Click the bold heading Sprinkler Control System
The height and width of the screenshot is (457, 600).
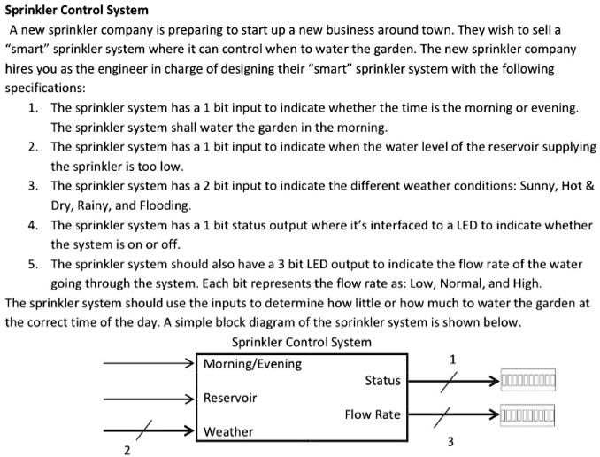click(x=77, y=11)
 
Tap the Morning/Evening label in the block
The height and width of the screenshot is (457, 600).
click(x=252, y=364)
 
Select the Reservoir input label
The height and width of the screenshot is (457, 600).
click(x=230, y=398)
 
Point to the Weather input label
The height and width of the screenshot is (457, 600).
click(x=228, y=431)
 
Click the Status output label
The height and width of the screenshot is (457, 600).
click(x=382, y=381)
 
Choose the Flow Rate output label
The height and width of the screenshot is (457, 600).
click(x=373, y=414)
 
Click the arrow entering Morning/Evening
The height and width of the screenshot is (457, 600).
click(x=150, y=364)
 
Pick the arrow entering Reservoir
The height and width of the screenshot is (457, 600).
click(x=150, y=398)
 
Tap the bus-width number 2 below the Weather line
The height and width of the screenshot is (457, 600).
click(x=127, y=451)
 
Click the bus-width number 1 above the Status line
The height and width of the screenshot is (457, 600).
click(x=453, y=359)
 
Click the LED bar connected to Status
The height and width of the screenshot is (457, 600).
click(x=528, y=382)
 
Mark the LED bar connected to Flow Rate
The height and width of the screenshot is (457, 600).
click(x=528, y=414)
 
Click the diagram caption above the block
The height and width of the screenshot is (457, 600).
click(x=301, y=342)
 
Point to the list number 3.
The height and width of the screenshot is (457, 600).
click(x=32, y=186)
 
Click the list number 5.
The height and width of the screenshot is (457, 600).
click(x=32, y=264)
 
